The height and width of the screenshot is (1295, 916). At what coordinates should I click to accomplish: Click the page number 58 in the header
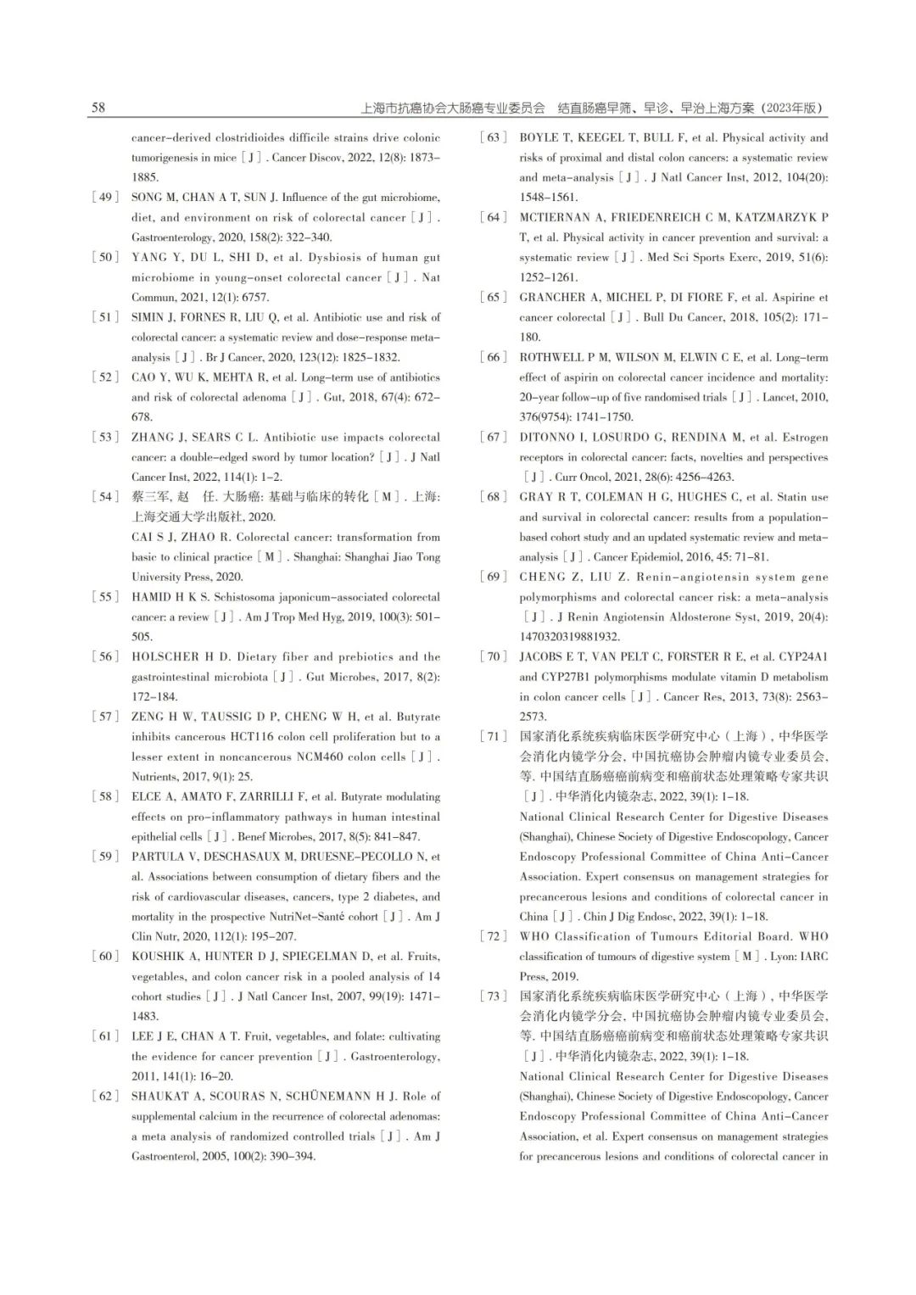(x=98, y=108)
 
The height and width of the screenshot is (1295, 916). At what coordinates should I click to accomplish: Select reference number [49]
(x=105, y=198)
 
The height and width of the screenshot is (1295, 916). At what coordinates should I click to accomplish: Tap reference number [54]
(x=105, y=497)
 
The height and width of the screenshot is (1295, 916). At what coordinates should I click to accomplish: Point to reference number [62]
(x=105, y=1097)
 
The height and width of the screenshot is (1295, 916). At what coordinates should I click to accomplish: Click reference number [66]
(x=494, y=358)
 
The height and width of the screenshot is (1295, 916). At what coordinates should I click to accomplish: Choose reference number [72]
(x=494, y=937)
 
